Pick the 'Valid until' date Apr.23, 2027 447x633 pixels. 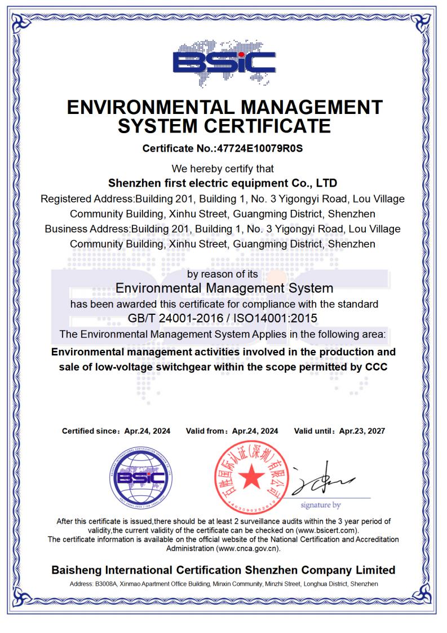tap(362, 431)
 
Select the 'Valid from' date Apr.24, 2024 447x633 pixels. tap(255, 431)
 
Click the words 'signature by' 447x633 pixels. tap(320, 504)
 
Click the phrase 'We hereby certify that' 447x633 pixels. tap(223, 168)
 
